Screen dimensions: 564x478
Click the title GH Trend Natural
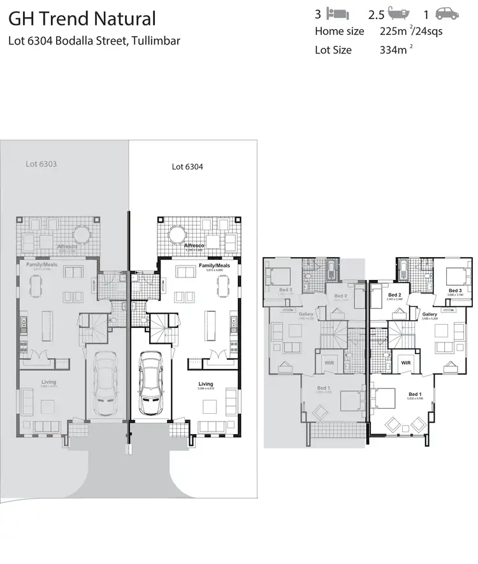(x=82, y=19)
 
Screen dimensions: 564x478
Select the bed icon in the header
(x=337, y=13)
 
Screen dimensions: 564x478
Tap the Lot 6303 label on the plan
(x=41, y=164)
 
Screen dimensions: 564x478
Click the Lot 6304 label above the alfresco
(x=187, y=167)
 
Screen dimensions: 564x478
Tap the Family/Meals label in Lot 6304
(x=214, y=265)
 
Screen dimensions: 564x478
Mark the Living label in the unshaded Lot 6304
(x=205, y=384)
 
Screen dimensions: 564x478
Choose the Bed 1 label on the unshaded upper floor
(x=414, y=395)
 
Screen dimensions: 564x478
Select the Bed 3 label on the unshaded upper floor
(x=454, y=290)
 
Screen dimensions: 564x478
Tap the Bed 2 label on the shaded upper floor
(x=340, y=296)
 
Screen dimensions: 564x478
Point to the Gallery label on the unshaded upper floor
(x=429, y=314)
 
